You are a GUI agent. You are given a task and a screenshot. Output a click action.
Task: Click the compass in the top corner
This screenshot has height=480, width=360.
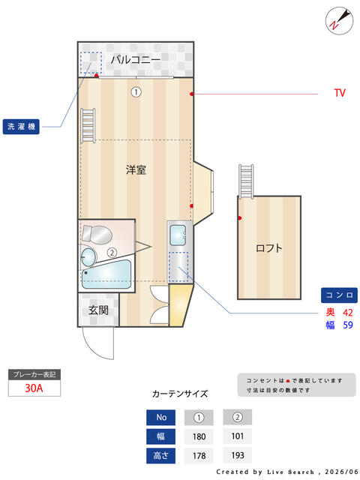point(339,21)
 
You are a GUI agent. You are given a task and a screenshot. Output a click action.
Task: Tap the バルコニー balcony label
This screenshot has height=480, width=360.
point(136,59)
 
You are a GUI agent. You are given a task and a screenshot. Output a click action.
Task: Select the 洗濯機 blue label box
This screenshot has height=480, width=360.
point(21,127)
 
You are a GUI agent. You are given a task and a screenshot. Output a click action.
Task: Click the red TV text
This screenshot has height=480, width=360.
point(340,93)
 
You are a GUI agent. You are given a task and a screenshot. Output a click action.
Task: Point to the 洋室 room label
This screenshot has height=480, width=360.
point(136,169)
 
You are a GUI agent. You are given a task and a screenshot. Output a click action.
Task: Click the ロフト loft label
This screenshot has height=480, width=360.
point(269,247)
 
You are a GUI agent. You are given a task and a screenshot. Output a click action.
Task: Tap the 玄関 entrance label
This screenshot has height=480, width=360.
point(98,310)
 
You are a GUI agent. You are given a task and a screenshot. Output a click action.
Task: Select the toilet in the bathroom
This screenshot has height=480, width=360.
point(97,235)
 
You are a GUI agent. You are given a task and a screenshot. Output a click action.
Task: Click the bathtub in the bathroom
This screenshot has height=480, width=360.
point(106,274)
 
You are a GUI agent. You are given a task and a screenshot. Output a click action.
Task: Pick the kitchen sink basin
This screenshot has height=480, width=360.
point(178,235)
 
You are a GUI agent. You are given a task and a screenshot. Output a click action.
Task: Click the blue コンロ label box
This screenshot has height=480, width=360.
point(339,295)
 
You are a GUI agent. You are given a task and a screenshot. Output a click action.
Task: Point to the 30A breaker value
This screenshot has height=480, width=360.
point(34,388)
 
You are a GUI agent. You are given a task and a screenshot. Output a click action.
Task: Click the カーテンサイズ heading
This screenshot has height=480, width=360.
point(180,394)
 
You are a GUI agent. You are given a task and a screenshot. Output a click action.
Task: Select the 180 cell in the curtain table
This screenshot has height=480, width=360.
point(199,436)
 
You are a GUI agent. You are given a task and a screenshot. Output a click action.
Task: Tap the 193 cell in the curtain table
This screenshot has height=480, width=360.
point(238,455)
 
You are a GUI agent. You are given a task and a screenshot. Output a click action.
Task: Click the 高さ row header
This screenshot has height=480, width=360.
point(161,455)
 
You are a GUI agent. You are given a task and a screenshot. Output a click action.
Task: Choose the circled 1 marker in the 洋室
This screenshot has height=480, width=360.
point(136,91)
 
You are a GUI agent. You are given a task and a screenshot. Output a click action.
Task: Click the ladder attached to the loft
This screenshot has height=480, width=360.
point(246,181)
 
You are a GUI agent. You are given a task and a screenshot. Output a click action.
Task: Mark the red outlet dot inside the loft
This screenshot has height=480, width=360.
point(240,218)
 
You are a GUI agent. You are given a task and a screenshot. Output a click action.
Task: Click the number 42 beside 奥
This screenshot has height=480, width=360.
point(348,313)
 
